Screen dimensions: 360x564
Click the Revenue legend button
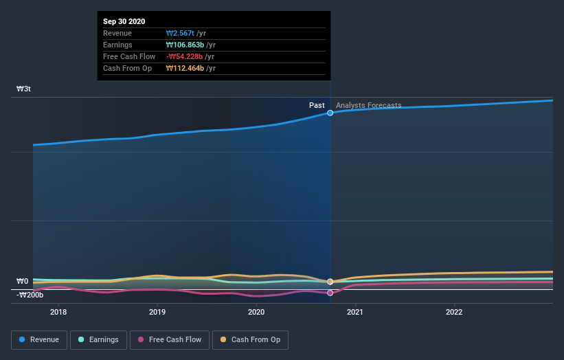point(40,339)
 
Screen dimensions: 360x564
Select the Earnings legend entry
point(98,339)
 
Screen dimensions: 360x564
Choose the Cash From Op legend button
point(251,339)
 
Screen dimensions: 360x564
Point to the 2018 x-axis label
point(58,312)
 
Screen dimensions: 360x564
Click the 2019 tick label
point(157,312)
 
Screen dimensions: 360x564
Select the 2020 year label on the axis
point(256,312)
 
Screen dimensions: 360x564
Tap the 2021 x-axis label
point(355,312)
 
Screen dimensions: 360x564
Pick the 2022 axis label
point(454,312)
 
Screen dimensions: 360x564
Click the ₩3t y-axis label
point(24,89)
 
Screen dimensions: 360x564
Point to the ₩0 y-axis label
point(23,281)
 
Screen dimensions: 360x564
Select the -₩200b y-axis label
point(30,295)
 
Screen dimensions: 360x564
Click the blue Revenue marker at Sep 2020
point(330,113)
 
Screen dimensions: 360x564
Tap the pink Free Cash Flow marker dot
point(330,293)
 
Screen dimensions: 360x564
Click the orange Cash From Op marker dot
point(330,282)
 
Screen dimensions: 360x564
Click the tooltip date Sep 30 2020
point(124,22)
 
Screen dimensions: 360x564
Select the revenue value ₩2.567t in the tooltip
point(180,34)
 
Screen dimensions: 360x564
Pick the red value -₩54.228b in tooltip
point(184,56)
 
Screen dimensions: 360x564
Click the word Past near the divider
point(317,105)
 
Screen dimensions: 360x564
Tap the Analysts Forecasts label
point(369,105)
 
